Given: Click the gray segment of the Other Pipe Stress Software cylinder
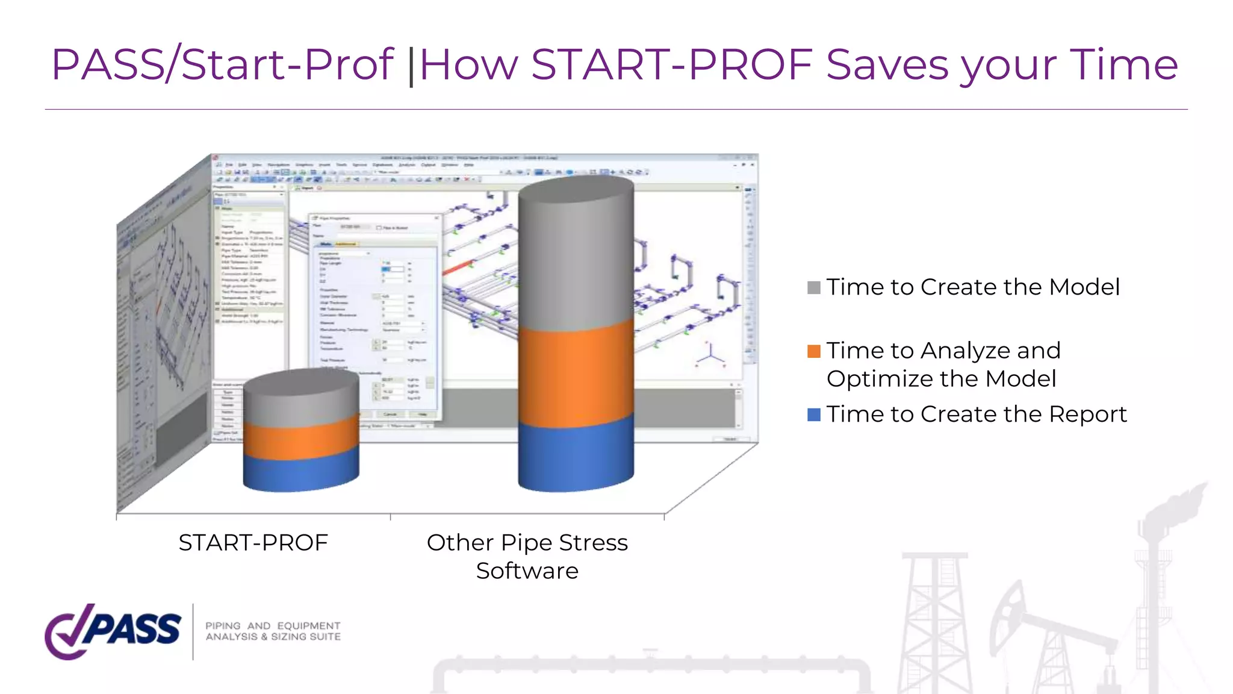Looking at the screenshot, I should click(x=576, y=259).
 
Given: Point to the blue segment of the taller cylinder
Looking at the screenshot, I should click(x=576, y=458).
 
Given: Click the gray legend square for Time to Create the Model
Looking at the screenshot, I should click(x=814, y=287).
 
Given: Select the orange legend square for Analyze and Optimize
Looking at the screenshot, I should click(x=814, y=351).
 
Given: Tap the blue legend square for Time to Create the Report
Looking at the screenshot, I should click(x=814, y=414).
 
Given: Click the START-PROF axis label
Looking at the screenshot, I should click(x=253, y=543).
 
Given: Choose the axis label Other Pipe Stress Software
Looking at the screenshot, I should click(x=527, y=556).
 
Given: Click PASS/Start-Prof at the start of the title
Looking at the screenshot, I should click(x=222, y=64).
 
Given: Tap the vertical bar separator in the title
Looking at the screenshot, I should click(x=411, y=66).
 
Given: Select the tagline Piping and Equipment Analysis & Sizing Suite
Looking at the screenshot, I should click(x=273, y=631).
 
